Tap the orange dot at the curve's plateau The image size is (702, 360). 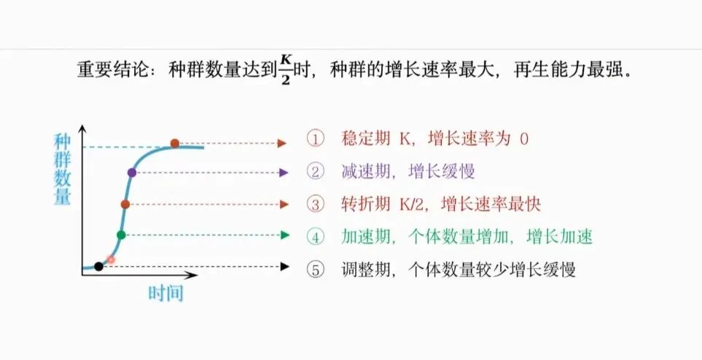[x=174, y=143]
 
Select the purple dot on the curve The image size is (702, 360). [x=132, y=173]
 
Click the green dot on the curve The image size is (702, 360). [x=121, y=235]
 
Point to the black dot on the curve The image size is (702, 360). [x=99, y=267]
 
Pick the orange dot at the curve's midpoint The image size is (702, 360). [x=125, y=205]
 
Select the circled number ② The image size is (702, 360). [x=315, y=172]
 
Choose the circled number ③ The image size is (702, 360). [x=315, y=204]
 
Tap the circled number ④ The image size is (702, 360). [x=315, y=236]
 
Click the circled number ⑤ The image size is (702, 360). [x=315, y=269]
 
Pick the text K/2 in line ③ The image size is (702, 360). [x=413, y=204]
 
